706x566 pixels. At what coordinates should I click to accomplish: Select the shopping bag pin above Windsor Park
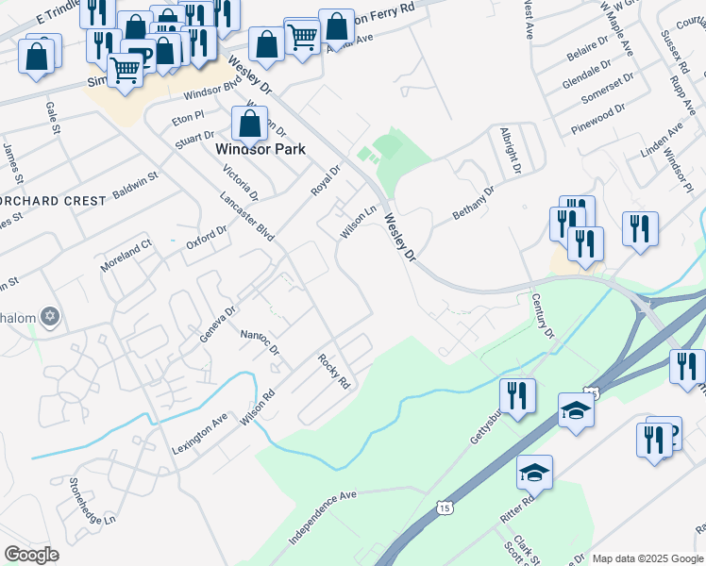point(249,124)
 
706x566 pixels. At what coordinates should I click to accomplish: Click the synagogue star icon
point(51,317)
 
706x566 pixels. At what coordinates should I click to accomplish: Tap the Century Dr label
point(541,315)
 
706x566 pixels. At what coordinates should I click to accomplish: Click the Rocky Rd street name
point(334,371)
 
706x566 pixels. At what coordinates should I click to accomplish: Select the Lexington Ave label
point(200,433)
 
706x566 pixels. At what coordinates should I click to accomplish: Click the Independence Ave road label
point(322,516)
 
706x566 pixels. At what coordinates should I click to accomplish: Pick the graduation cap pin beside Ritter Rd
point(534,473)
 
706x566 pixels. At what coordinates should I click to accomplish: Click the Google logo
point(31,555)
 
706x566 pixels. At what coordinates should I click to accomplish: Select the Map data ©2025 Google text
point(647,558)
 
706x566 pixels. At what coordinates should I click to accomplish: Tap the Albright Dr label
point(510,151)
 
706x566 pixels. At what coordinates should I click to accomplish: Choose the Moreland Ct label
point(127,257)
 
